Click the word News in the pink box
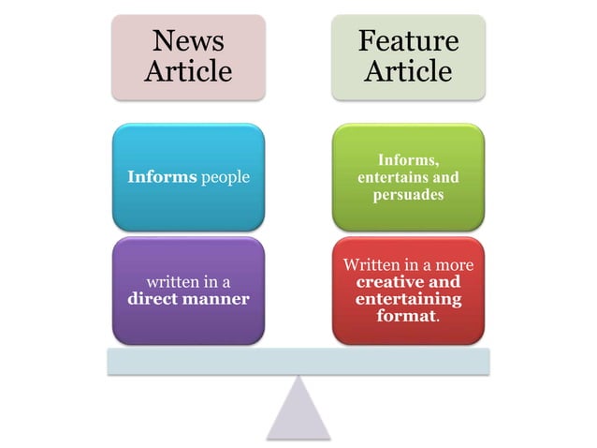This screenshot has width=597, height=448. click(x=187, y=40)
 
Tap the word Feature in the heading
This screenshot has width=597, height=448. click(x=408, y=40)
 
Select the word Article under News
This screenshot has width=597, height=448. click(x=187, y=71)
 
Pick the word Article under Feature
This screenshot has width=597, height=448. click(x=408, y=71)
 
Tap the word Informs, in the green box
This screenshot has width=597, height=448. click(x=407, y=160)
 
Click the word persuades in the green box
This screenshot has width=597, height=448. click(x=408, y=194)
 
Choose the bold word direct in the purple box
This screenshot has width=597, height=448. click(x=153, y=299)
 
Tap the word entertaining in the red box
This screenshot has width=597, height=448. click(x=408, y=299)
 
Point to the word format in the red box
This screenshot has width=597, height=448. click(x=406, y=317)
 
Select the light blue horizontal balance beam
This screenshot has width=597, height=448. click(x=298, y=361)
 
